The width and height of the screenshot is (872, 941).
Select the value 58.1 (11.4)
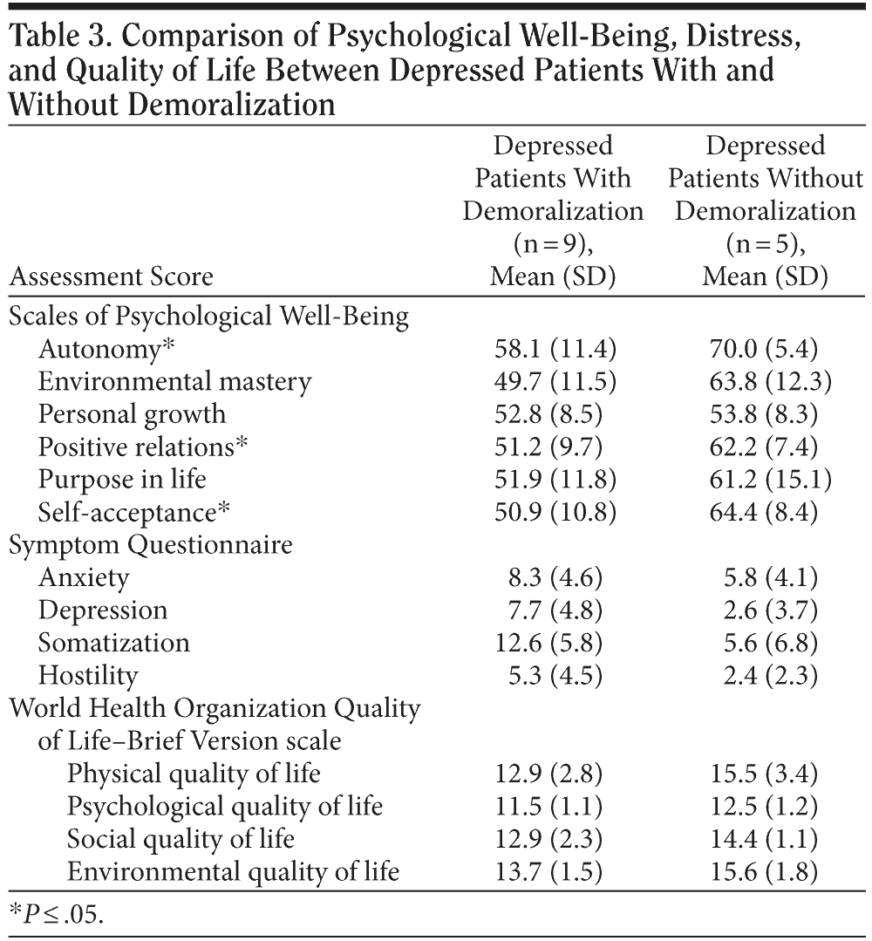tap(553, 349)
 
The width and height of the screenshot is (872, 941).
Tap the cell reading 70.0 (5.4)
tap(765, 349)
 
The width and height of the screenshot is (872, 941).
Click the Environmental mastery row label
tap(174, 381)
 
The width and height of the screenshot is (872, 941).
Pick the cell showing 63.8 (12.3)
tap(765, 381)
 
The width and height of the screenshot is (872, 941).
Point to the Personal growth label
tap(132, 413)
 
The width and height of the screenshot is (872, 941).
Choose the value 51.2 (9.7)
tap(553, 447)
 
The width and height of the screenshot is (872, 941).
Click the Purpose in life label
tap(122, 479)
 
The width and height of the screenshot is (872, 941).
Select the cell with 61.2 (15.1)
tap(765, 479)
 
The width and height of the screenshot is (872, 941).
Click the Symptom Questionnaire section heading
tap(151, 544)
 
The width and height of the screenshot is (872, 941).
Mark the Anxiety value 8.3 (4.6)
tap(553, 577)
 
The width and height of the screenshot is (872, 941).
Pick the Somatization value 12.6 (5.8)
tap(553, 643)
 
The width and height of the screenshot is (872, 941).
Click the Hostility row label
tap(88, 675)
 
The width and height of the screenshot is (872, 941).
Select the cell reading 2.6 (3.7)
tap(765, 610)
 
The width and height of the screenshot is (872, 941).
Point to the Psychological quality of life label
tap(225, 806)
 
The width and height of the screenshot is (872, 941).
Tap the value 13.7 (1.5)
tap(553, 871)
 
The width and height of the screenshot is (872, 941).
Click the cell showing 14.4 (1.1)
tap(765, 839)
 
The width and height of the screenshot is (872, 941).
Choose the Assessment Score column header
tap(111, 277)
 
